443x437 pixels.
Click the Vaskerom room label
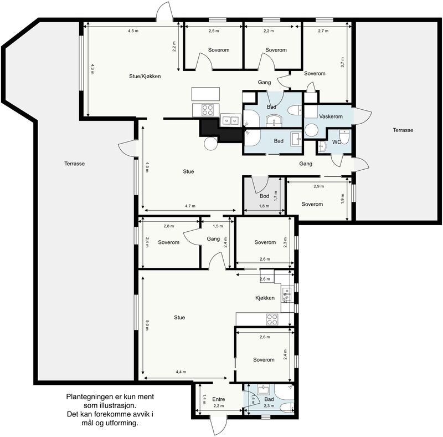click(x=331, y=116)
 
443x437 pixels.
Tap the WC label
click(x=337, y=142)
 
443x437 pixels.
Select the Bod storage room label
click(x=265, y=196)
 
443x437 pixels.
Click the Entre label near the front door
click(x=219, y=399)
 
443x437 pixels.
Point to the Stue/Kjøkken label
click(x=145, y=77)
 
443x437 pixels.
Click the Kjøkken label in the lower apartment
click(x=265, y=298)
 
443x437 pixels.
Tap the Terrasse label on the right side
click(x=403, y=130)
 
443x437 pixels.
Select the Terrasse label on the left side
click(x=75, y=164)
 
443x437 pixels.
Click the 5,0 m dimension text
click(x=147, y=325)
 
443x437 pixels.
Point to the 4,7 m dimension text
click(x=190, y=206)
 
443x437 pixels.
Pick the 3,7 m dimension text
click(x=342, y=62)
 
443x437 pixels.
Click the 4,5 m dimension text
click(x=133, y=31)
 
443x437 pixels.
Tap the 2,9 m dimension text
click(x=319, y=186)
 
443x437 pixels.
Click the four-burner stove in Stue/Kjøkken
click(x=207, y=110)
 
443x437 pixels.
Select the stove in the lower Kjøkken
click(x=272, y=319)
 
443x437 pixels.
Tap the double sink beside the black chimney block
click(x=230, y=120)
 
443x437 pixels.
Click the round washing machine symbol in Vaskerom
click(x=311, y=130)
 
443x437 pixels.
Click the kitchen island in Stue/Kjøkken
click(x=205, y=94)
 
